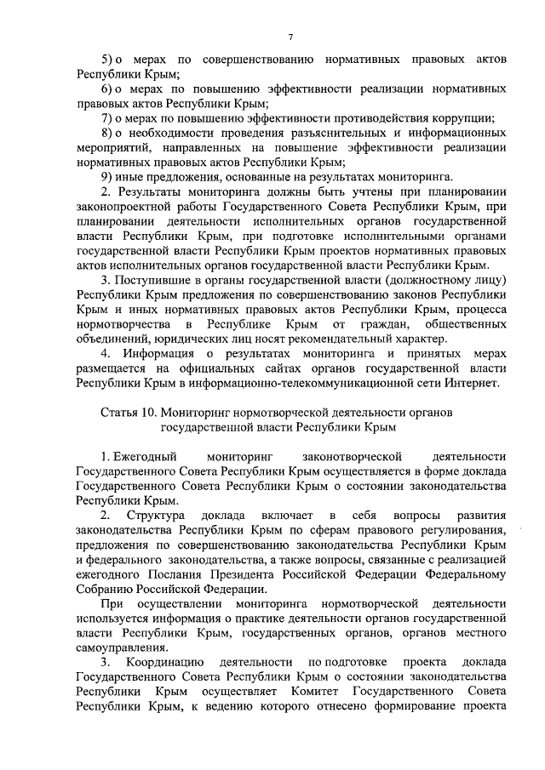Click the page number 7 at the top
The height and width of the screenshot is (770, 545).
(290, 37)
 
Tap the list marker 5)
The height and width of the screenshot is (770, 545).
(108, 60)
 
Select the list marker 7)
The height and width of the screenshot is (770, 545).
(108, 117)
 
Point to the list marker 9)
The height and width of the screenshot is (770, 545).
(108, 175)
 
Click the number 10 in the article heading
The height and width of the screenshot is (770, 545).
(149, 412)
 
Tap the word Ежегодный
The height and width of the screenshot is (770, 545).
(133, 457)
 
